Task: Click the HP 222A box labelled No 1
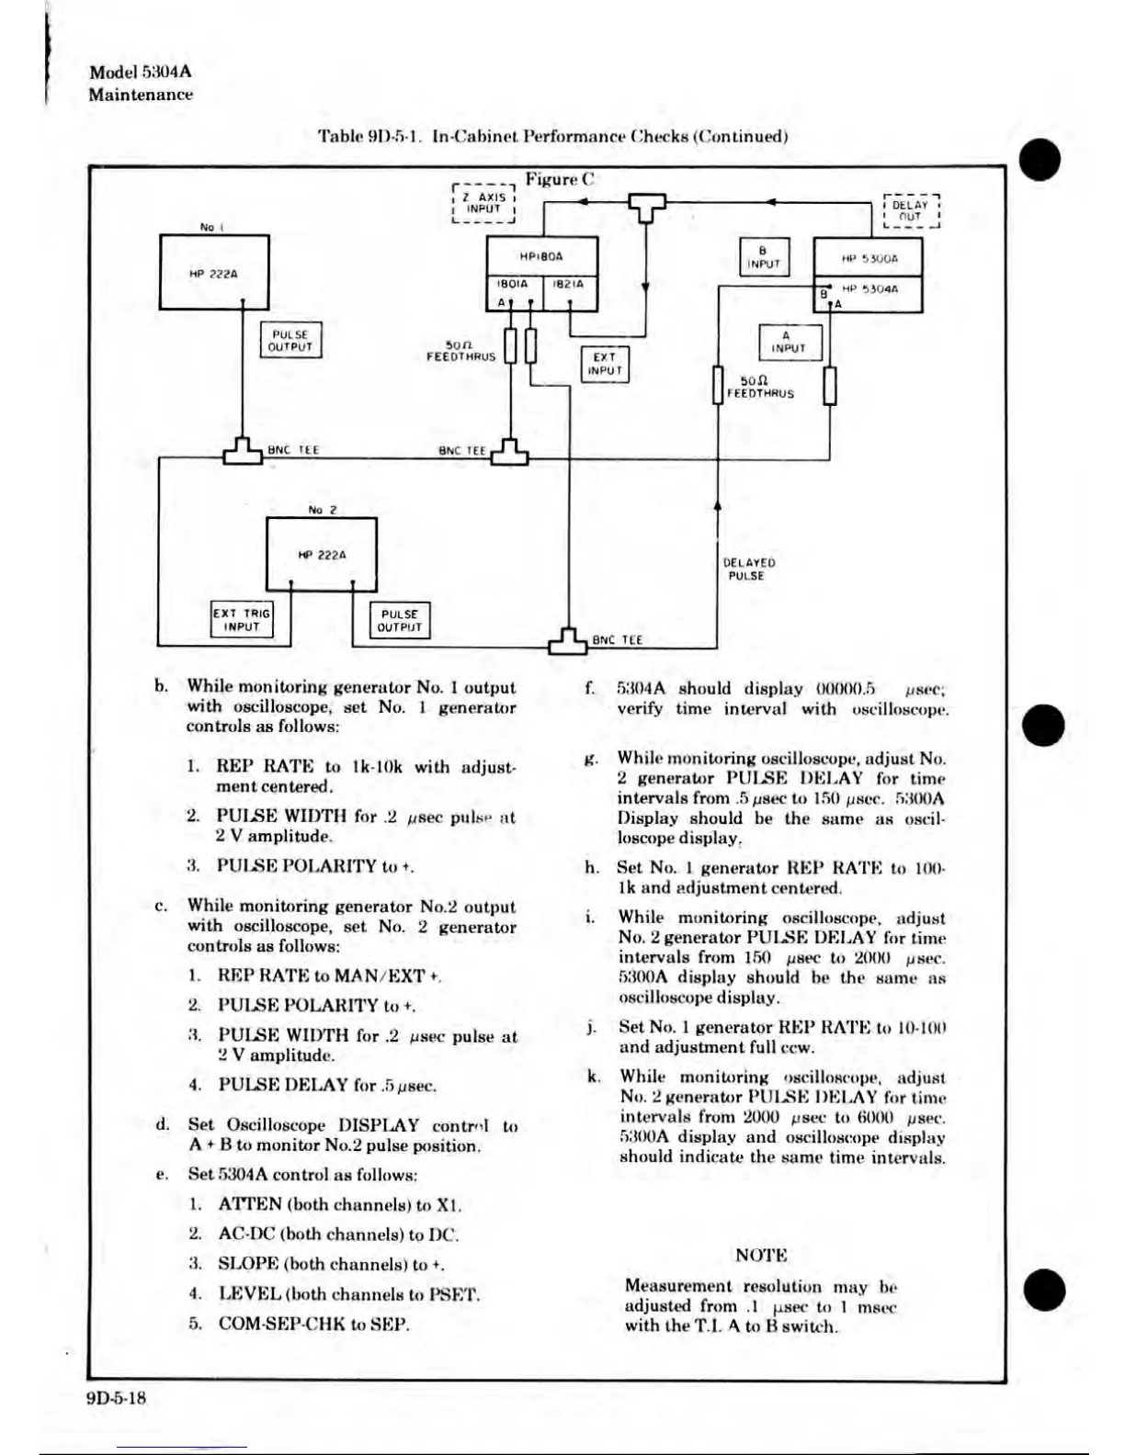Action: (214, 272)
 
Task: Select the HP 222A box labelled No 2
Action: (321, 554)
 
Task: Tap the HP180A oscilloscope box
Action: (542, 257)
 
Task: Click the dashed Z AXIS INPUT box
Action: (483, 203)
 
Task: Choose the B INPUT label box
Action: (763, 256)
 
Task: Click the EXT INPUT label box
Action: (604, 364)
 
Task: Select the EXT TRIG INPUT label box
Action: (242, 620)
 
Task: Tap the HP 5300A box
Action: (869, 258)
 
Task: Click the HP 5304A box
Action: (869, 295)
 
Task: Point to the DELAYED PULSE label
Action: (748, 570)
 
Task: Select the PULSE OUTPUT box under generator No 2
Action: (399, 621)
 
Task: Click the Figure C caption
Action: (561, 180)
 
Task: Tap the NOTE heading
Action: (761, 1255)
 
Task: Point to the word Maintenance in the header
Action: (141, 95)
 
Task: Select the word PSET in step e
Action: (454, 1294)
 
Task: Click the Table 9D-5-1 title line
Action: (552, 137)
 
